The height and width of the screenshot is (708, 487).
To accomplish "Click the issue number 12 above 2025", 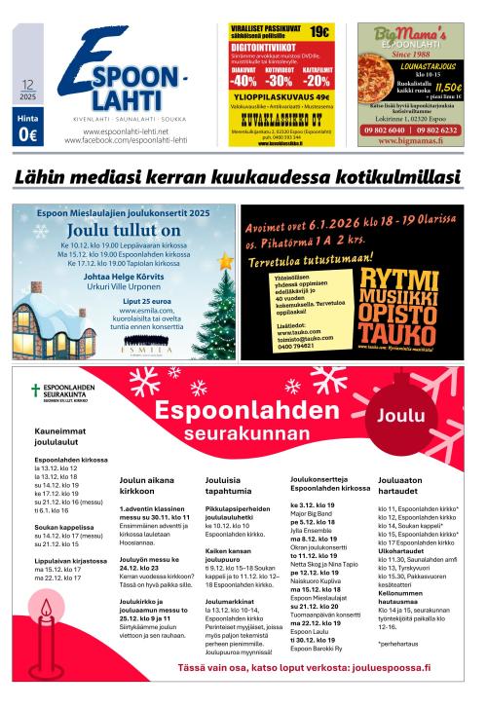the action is pos(26,86).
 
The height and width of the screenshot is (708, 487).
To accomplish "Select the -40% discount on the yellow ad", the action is pos(243,82).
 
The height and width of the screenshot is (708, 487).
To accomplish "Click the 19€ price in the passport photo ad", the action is pos(319,31).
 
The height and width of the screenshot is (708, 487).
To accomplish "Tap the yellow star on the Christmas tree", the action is pos(225,262).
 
